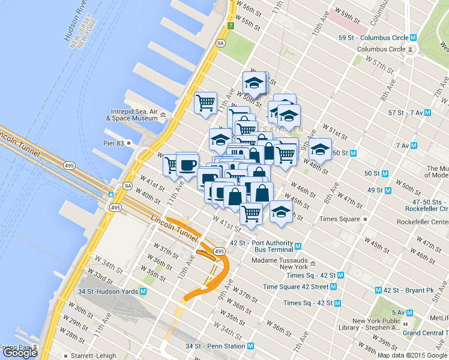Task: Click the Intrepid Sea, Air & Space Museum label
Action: click(134, 115)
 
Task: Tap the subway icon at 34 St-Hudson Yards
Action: click(143, 292)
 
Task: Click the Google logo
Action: click(20, 353)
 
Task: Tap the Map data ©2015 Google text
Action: click(412, 355)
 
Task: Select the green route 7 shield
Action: click(231, 26)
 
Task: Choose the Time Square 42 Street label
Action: click(295, 287)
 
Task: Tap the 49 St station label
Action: click(375, 190)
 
